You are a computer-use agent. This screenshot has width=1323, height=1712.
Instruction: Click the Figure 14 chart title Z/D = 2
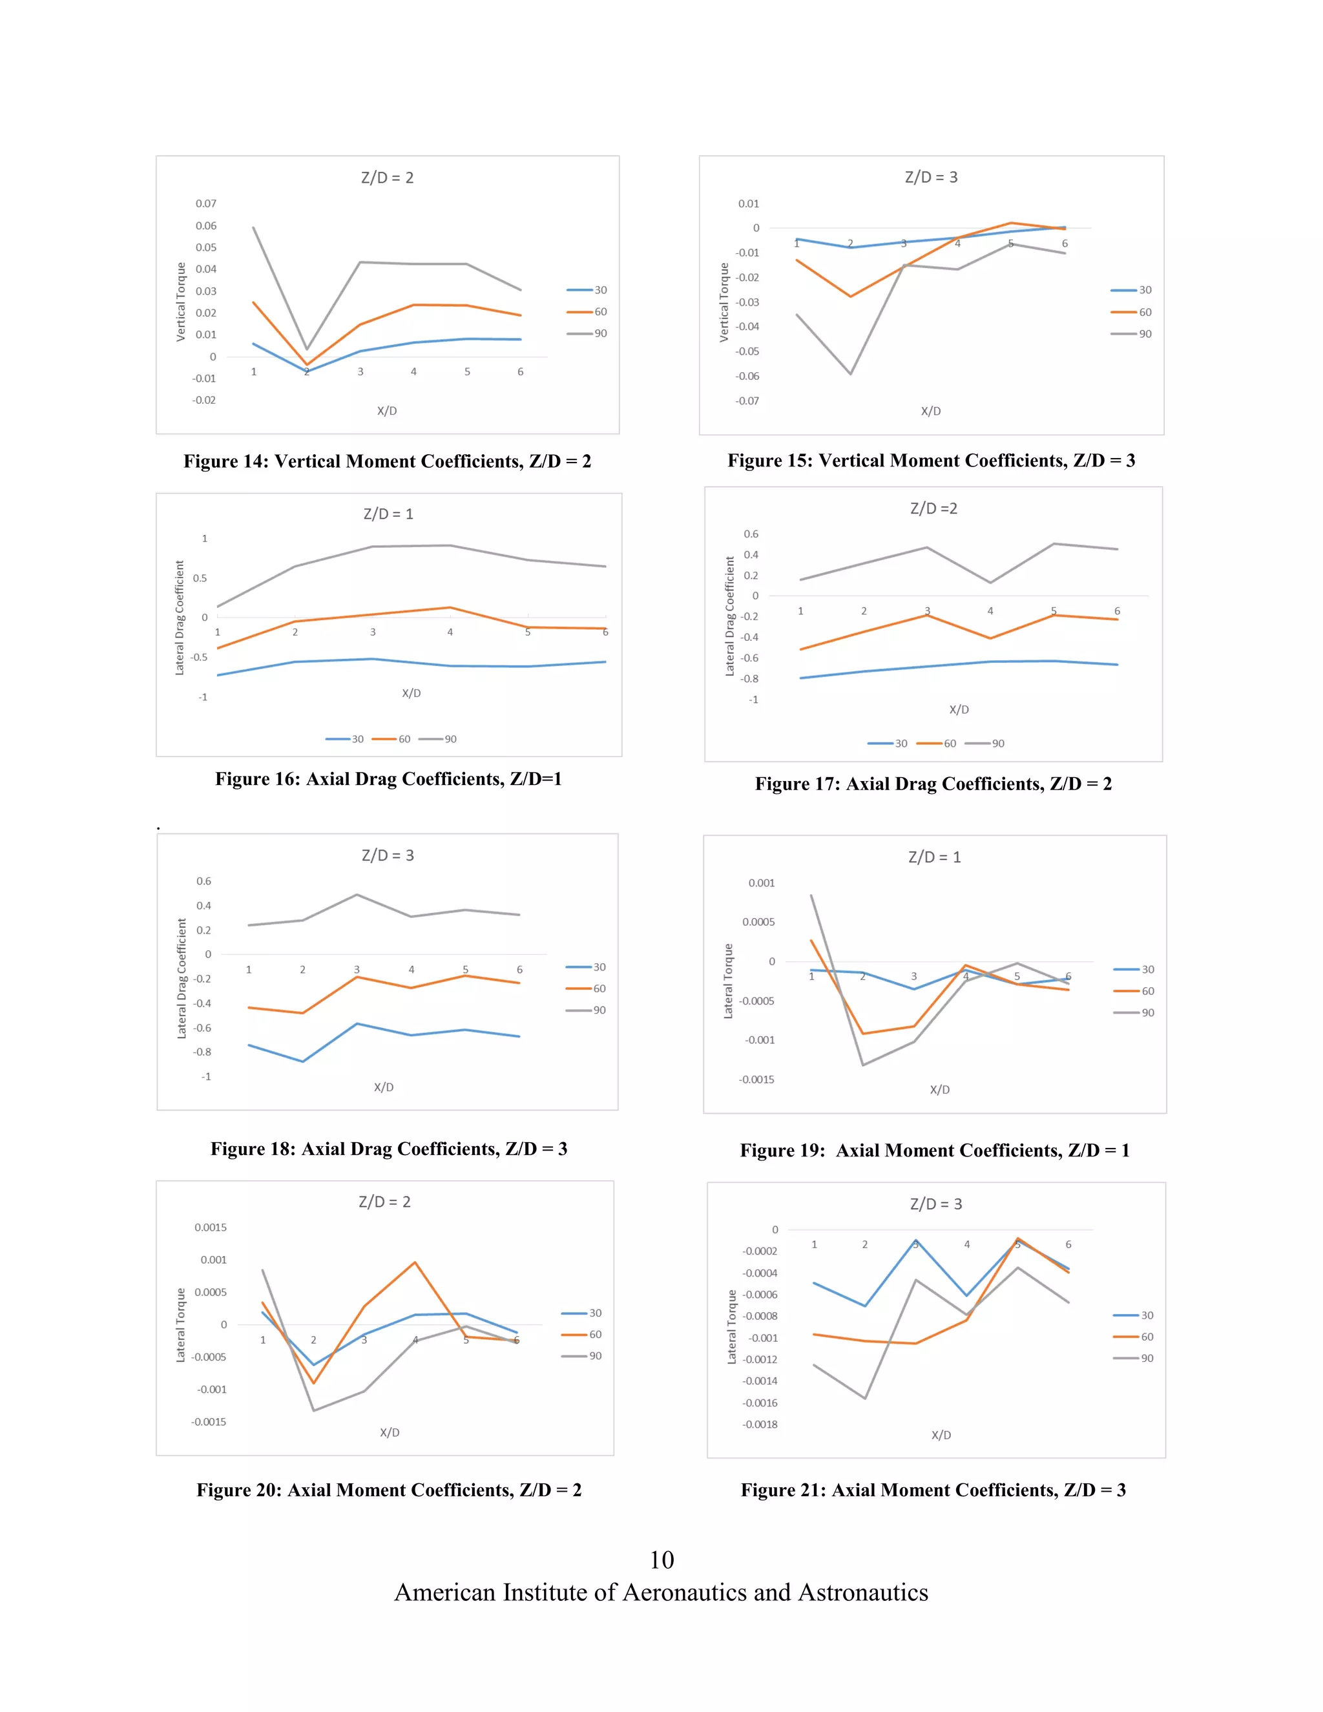click(387, 178)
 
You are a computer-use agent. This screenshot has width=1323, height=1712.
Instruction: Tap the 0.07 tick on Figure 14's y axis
click(206, 204)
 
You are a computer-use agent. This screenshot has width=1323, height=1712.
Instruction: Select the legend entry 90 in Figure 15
click(1144, 334)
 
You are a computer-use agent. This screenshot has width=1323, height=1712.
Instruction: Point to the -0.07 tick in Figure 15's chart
click(747, 401)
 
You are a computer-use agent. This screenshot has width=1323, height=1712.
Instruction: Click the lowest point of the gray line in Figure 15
click(850, 374)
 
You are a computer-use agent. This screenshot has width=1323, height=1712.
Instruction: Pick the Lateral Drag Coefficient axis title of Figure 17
click(730, 616)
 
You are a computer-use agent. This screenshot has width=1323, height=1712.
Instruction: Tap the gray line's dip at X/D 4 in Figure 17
click(990, 583)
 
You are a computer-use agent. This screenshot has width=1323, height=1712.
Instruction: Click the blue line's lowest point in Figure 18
click(302, 1061)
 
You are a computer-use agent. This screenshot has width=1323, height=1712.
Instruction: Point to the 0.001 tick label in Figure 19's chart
click(761, 883)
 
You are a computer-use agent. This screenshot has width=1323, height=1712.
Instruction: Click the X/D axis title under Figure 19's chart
click(940, 1090)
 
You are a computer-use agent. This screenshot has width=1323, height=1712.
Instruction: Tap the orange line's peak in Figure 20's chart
click(415, 1262)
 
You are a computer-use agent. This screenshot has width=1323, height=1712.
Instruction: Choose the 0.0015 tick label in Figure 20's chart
click(210, 1227)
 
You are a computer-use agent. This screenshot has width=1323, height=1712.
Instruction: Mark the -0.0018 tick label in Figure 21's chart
click(760, 1425)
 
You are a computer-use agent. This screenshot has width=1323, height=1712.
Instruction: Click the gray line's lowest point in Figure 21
click(865, 1397)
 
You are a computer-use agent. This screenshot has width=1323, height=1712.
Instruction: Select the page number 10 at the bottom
click(661, 1560)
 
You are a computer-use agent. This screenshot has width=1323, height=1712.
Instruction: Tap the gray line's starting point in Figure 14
click(253, 227)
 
